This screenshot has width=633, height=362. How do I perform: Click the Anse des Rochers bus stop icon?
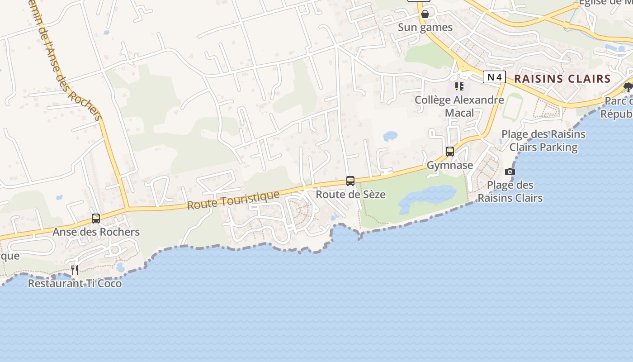pos(96,219)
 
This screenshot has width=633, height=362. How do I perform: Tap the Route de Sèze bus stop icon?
pos(350,181)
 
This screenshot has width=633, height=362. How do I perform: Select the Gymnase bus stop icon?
pos(450,152)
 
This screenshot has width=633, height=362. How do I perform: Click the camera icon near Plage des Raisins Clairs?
pos(510,171)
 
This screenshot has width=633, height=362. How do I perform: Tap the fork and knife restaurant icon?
pos(75,270)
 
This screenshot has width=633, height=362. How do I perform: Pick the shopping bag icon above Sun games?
pos(425,14)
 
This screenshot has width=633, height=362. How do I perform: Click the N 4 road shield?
pos(494,77)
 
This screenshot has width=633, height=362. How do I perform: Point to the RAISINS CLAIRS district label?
pos(562,79)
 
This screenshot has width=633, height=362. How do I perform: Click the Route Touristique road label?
pos(233,200)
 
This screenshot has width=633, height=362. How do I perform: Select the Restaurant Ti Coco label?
pos(75,284)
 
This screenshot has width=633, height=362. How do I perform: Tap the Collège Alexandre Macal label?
pos(459,106)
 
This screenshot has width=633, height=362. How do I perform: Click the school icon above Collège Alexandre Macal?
pos(459,86)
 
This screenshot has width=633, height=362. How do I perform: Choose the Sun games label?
pos(425,28)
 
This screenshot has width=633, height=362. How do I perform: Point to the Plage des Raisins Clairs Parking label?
pos(543,141)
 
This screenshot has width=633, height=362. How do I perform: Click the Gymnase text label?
pos(450,165)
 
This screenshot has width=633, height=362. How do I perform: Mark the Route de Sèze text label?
pos(351,195)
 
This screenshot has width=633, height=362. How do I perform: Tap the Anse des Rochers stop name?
pos(96,232)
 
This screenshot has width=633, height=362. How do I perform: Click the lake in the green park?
pos(427,197)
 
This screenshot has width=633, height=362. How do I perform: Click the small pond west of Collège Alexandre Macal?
pos(390,136)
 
